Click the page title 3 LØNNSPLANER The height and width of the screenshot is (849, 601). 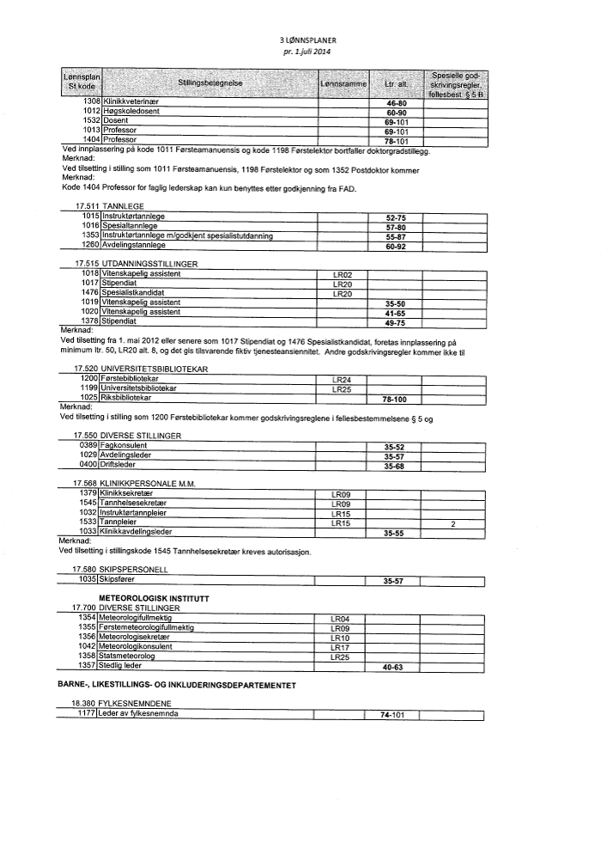[306, 40]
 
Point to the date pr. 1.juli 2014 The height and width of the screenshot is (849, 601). [307, 52]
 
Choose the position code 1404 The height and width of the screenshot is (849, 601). [91, 139]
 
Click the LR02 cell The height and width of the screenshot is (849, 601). [342, 274]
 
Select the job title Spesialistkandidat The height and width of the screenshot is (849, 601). [132, 293]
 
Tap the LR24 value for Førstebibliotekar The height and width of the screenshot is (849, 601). [342, 379]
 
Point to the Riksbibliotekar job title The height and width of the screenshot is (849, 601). [127, 398]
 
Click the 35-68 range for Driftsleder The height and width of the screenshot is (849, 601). [394, 467]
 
